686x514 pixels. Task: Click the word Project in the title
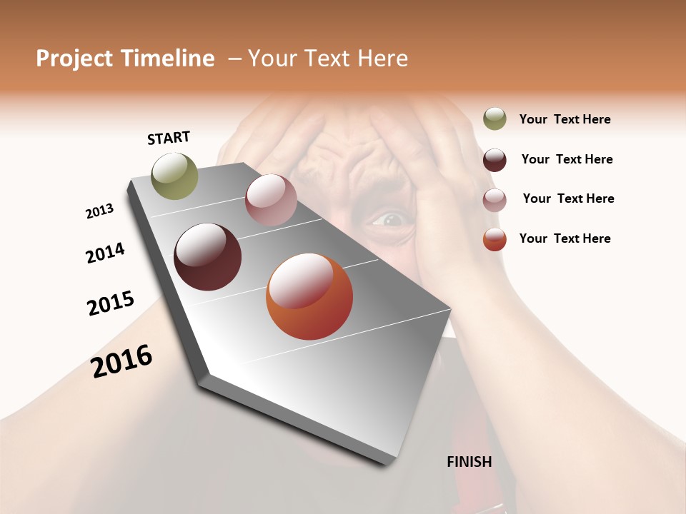[74, 59]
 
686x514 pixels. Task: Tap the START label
[169, 138]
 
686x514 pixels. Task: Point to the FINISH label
[469, 462]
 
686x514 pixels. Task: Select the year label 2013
[99, 211]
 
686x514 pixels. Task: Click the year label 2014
[105, 253]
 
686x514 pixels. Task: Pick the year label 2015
[111, 303]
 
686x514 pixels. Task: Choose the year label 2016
[121, 361]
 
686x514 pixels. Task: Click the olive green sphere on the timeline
[175, 176]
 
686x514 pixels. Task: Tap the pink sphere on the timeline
[271, 200]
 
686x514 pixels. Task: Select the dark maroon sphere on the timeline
[208, 257]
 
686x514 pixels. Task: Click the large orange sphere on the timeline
[309, 296]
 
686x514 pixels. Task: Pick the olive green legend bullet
[494, 119]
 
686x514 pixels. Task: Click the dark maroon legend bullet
[494, 160]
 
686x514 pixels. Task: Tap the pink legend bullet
[494, 200]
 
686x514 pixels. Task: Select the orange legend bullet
[494, 239]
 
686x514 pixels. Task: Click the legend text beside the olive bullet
[565, 120]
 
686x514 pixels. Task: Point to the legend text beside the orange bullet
[565, 238]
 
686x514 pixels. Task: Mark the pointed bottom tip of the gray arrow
[389, 464]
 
